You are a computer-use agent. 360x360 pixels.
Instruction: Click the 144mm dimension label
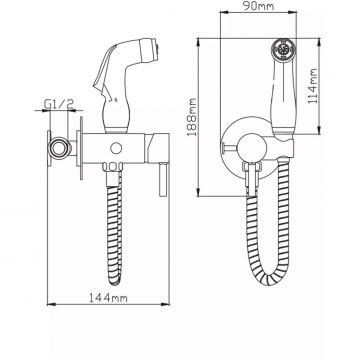(108, 298)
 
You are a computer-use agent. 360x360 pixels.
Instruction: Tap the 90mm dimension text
(258, 6)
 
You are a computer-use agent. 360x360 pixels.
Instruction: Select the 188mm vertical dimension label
(192, 117)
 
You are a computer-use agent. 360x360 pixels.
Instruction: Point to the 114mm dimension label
(312, 86)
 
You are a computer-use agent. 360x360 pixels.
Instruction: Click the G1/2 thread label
(59, 104)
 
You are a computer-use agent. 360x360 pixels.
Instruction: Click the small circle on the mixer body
(116, 148)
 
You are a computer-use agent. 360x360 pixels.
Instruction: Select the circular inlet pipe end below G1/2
(59, 147)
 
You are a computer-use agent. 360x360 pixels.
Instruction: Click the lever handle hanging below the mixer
(163, 179)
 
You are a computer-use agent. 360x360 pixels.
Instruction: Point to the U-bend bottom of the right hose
(268, 277)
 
